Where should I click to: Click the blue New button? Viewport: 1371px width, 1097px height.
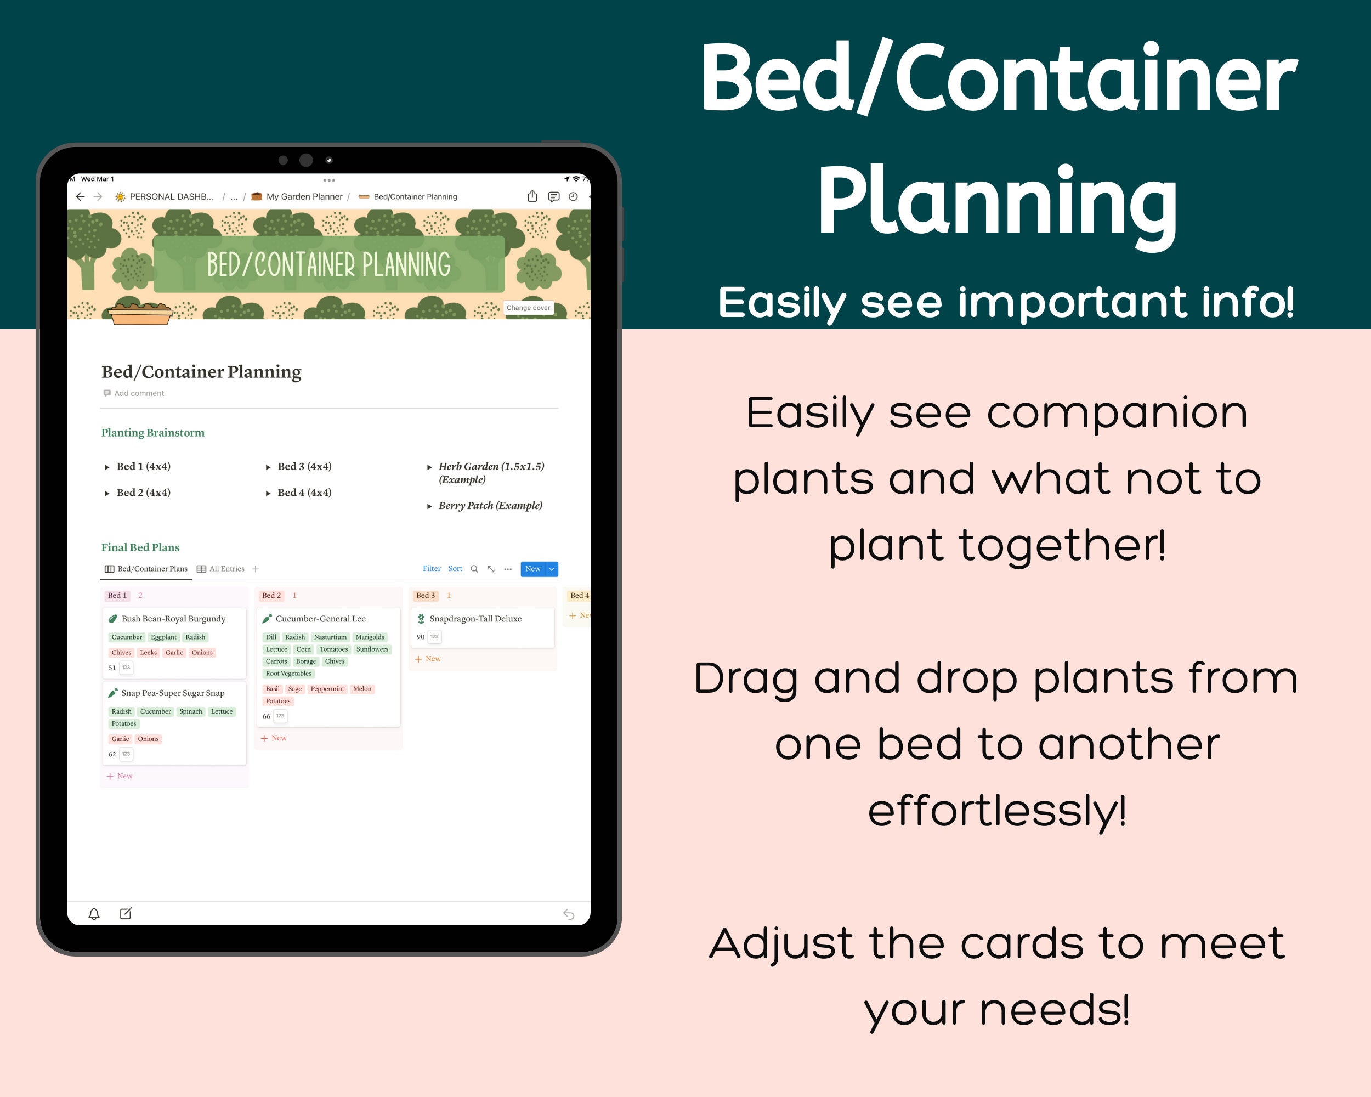click(x=532, y=569)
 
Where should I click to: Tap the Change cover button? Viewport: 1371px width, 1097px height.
click(x=529, y=308)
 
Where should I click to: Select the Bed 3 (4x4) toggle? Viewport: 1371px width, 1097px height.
click(x=304, y=466)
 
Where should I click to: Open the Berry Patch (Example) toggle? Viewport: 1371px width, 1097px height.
click(x=490, y=506)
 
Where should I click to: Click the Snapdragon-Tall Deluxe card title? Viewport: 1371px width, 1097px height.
click(x=475, y=618)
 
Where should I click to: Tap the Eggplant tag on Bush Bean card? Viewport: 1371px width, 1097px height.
click(x=163, y=637)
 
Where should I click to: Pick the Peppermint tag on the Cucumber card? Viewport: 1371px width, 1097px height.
click(x=327, y=689)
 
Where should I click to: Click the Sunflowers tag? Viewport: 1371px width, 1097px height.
click(x=372, y=649)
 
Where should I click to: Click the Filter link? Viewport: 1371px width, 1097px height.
click(x=432, y=569)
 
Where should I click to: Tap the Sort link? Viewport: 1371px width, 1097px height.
click(x=455, y=569)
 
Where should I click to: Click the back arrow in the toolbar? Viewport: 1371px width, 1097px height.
click(x=80, y=196)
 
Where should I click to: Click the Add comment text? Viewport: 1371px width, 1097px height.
click(x=139, y=393)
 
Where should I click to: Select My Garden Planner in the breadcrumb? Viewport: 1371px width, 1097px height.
click(x=304, y=196)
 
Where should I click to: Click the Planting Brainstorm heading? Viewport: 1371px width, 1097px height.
click(x=152, y=432)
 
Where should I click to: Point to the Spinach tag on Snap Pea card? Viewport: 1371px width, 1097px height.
click(x=191, y=711)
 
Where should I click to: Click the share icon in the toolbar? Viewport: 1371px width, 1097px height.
click(x=532, y=196)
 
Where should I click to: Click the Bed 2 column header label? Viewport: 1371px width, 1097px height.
click(x=271, y=595)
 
